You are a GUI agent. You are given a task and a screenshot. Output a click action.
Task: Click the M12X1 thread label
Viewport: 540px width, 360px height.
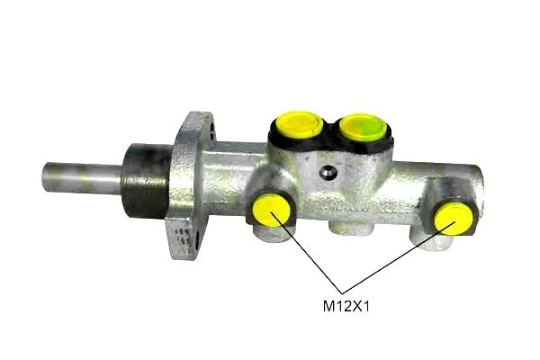(x=346, y=306)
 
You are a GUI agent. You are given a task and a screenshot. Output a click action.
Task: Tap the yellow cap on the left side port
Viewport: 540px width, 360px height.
(x=272, y=210)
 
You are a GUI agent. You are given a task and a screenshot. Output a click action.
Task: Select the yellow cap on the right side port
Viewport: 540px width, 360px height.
(x=454, y=219)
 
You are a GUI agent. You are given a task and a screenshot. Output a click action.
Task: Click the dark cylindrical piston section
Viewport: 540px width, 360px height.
(x=147, y=182)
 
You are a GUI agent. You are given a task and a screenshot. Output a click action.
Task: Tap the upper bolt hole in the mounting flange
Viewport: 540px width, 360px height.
(x=211, y=131)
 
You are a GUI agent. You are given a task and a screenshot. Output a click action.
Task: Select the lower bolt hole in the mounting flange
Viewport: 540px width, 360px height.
(x=197, y=241)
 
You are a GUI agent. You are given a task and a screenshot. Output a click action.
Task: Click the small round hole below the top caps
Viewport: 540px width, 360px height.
(x=328, y=172)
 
